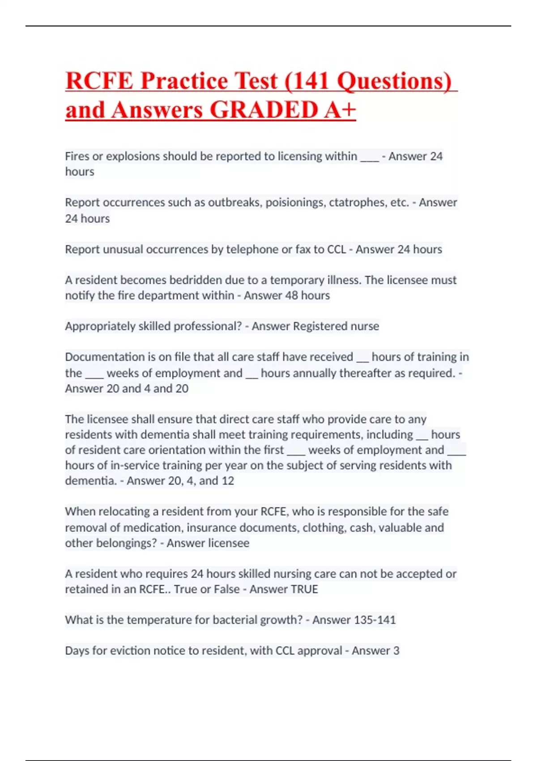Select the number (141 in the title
[x=307, y=81]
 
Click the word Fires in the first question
[x=77, y=156]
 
